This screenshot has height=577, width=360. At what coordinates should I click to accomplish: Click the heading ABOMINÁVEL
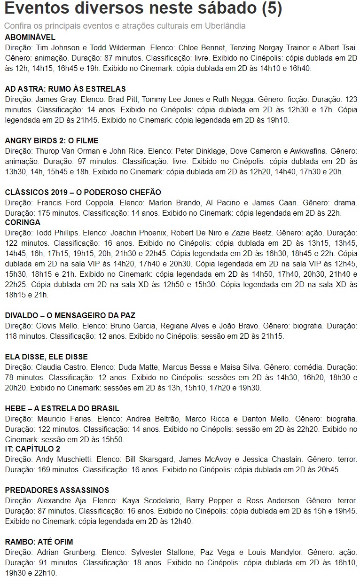tap(30, 37)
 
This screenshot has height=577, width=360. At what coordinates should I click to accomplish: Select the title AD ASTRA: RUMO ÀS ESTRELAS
tap(65, 89)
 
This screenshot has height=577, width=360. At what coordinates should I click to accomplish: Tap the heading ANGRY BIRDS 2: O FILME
tap(52, 140)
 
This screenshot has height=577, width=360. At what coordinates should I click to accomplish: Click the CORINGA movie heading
tap(23, 222)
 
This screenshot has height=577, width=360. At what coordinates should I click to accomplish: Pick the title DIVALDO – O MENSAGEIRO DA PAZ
tap(70, 315)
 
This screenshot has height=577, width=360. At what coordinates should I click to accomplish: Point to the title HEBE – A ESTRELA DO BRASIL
tap(62, 408)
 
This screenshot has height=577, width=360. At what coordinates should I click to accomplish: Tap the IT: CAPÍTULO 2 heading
tap(32, 449)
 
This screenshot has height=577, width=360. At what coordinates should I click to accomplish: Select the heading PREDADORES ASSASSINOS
tap(57, 490)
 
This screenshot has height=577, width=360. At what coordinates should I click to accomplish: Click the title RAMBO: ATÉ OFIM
tap(39, 542)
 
